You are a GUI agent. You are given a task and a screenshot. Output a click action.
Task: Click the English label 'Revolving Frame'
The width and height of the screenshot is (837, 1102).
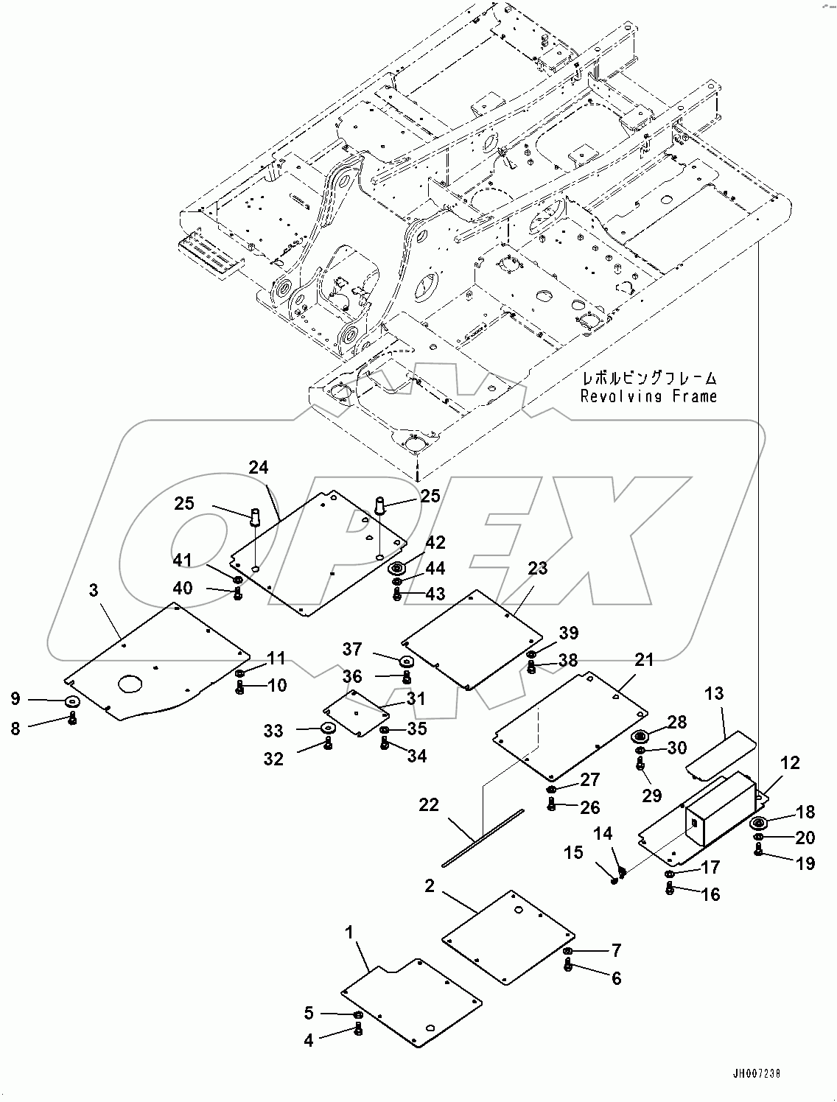click(x=648, y=396)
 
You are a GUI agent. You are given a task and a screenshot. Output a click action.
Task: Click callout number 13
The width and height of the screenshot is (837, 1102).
click(x=713, y=694)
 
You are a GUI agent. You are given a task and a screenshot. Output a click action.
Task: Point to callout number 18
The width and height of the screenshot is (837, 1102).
click(x=805, y=812)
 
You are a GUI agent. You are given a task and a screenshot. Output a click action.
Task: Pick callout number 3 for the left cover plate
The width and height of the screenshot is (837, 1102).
click(x=93, y=591)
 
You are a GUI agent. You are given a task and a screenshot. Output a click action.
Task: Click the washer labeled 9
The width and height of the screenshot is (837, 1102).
click(x=72, y=700)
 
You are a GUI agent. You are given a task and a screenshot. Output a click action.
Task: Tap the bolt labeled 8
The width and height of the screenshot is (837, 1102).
click(x=72, y=719)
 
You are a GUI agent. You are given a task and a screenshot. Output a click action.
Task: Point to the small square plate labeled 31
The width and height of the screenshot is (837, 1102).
click(x=355, y=713)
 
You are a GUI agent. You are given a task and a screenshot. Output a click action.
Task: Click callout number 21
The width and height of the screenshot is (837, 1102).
click(x=644, y=660)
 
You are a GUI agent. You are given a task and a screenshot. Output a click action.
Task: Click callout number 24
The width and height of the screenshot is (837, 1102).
click(x=258, y=467)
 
